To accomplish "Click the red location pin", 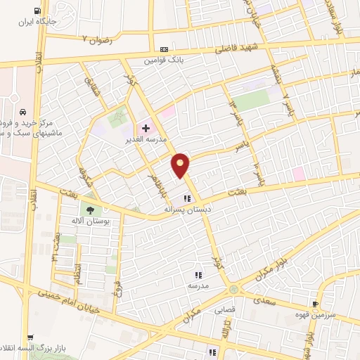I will coord(181,165).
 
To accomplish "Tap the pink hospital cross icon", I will coord(146,129).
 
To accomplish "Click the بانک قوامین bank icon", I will coord(164,49).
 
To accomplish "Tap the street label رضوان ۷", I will coord(96,37).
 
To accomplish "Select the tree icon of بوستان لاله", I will coord(89,209).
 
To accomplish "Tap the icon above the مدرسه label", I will coord(198,275).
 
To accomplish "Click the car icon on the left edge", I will coord(23,112).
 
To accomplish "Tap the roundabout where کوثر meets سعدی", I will coord(233,288).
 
